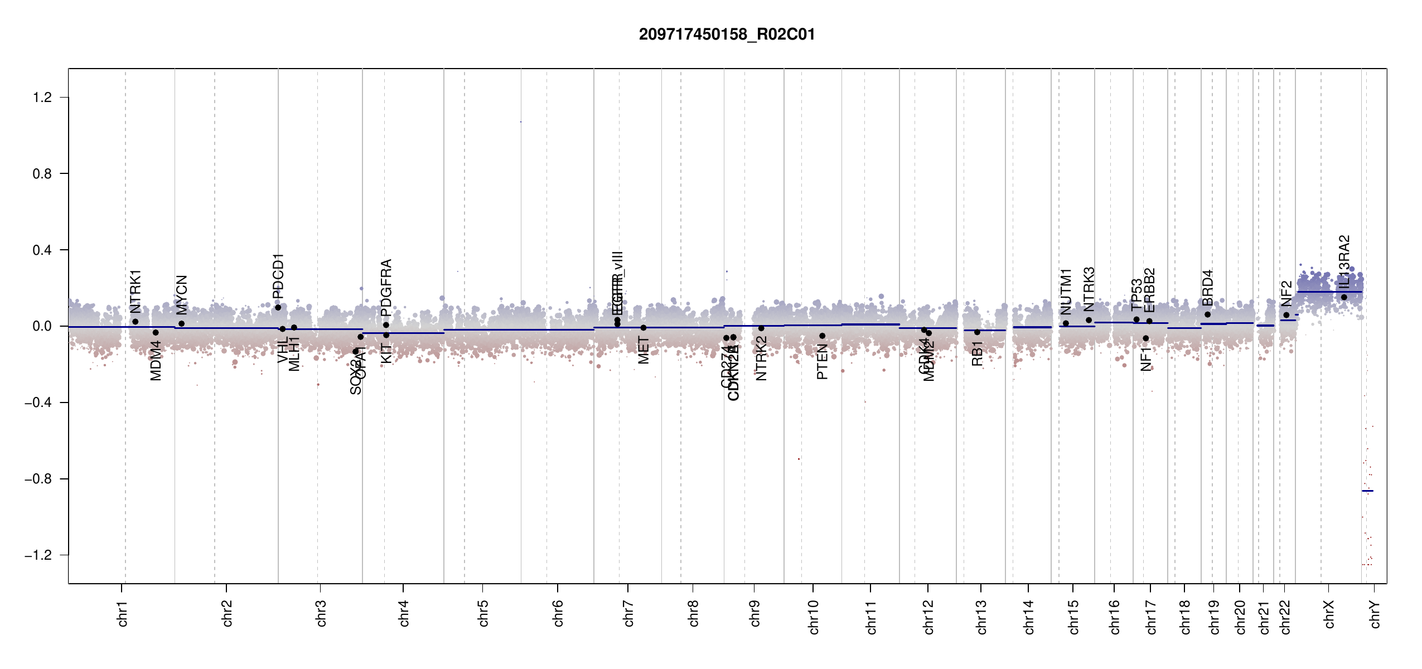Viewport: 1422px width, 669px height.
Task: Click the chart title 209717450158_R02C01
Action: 727,35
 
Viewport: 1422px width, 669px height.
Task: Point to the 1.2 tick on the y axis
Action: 42,98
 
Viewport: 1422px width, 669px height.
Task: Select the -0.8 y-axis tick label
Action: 38,479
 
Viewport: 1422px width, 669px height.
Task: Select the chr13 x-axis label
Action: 981,617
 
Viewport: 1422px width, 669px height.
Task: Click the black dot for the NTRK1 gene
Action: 135,322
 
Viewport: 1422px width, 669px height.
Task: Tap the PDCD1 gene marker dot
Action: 278,307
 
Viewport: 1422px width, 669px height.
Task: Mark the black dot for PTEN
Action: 822,336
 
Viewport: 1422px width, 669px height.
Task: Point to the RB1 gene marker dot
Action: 977,332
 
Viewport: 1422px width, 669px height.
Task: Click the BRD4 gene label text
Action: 1208,288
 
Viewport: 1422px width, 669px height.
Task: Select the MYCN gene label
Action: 182,295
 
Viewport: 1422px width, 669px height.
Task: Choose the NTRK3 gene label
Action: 1089,289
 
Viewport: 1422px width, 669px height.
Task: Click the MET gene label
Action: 644,350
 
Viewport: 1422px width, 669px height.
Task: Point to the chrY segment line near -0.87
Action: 1367,491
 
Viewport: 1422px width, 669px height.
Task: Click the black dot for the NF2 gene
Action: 1286,315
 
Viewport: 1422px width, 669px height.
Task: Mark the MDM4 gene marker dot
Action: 156,332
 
